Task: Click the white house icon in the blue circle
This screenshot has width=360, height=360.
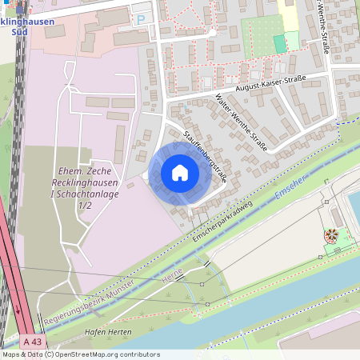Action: (179, 173)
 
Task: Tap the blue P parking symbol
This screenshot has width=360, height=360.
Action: (142, 18)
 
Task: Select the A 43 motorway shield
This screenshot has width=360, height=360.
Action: (27, 341)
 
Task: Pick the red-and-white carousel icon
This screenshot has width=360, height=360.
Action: (330, 235)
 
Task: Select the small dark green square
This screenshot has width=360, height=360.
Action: (279, 43)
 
